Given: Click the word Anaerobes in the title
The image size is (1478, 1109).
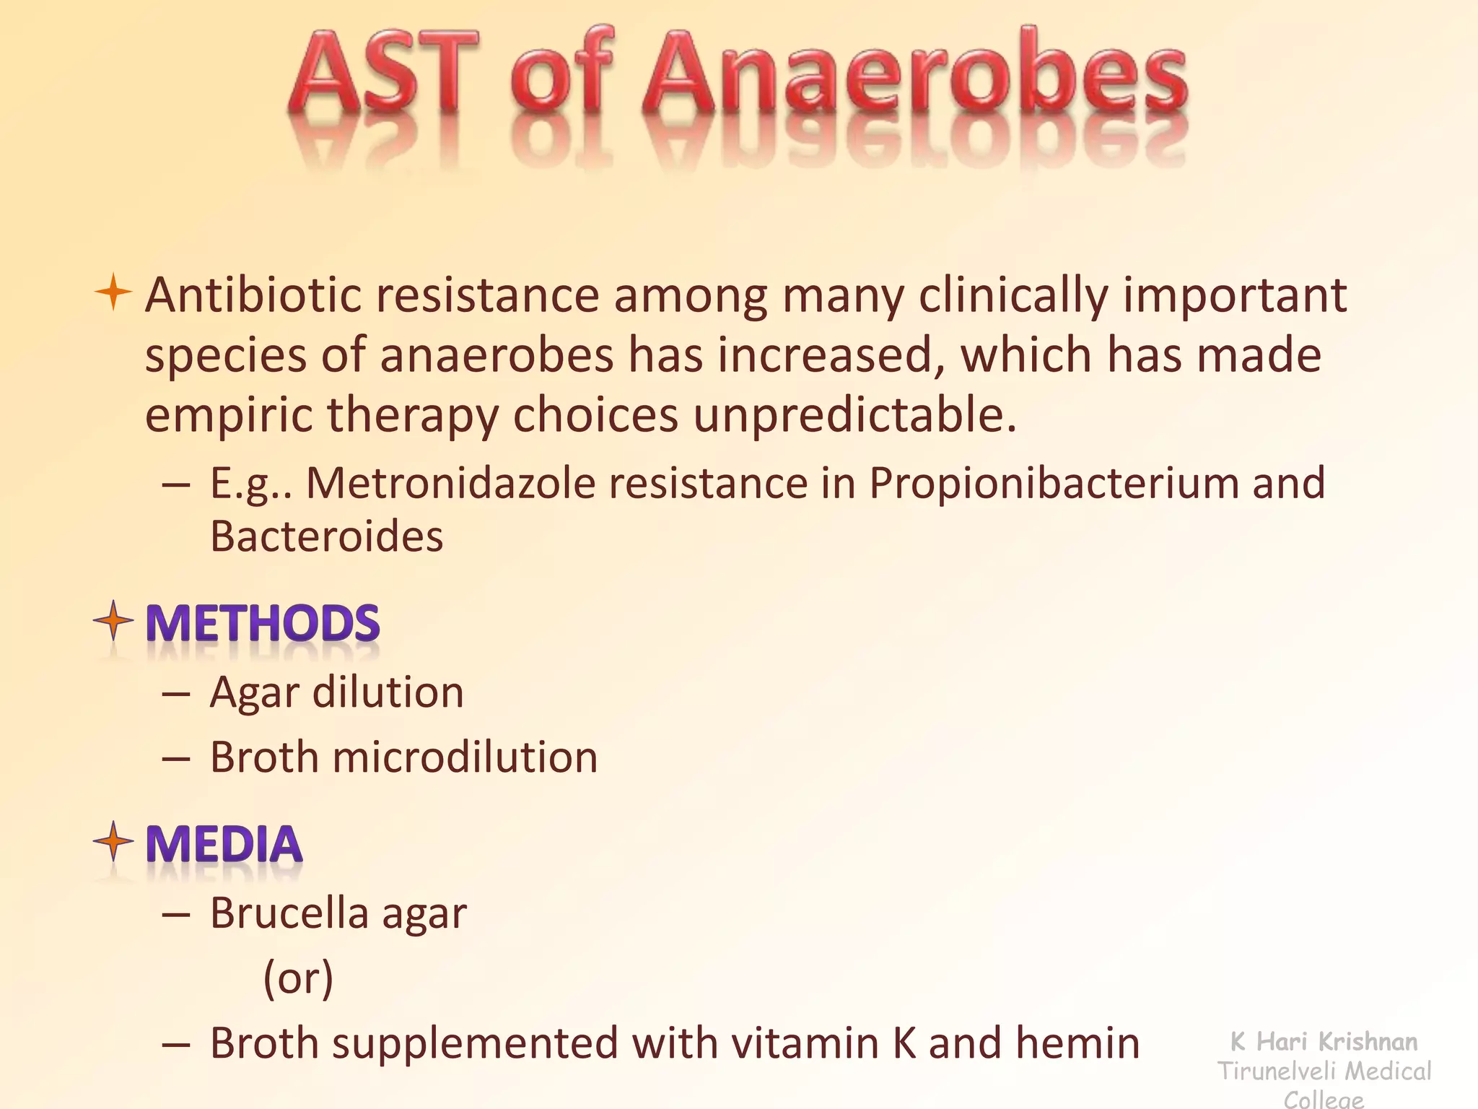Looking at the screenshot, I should point(914,76).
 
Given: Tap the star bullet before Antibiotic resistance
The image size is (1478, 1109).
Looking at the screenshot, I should point(113,292).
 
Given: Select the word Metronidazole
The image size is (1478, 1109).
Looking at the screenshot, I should point(450,483).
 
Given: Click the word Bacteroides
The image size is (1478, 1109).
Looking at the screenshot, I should point(326,536).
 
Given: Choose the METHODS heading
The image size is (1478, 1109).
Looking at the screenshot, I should point(263,623).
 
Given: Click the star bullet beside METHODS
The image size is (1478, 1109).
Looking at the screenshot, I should point(113,620).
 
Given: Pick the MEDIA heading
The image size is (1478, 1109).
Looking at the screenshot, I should point(224,844).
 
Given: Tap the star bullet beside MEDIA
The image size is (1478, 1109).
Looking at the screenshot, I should point(113,841).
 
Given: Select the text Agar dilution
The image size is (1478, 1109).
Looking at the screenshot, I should point(336,692).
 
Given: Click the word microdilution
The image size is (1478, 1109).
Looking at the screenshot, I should point(465,757).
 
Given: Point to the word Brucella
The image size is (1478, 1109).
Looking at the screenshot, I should point(289,913).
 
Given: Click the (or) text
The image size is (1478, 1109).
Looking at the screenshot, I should point(298,979).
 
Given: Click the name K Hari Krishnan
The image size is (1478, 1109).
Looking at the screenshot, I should point(1324,1041).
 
